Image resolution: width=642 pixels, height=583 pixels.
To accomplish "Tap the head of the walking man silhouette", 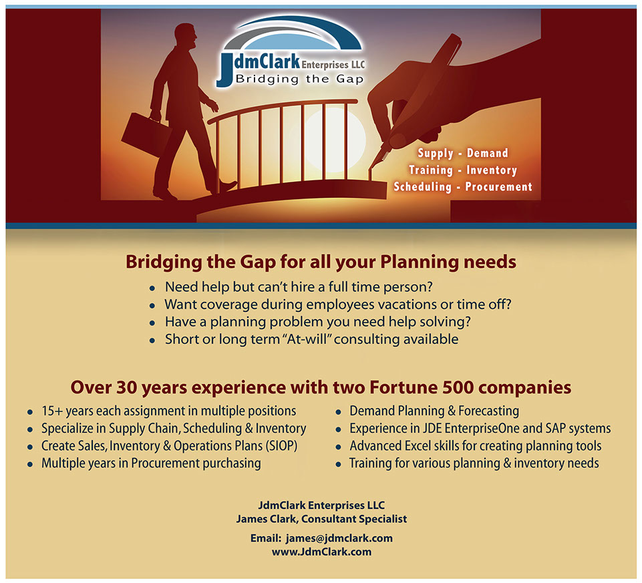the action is coord(186,37).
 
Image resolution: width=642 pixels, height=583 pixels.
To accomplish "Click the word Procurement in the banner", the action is coord(498,187).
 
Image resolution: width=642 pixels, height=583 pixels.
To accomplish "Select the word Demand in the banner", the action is coord(487,153).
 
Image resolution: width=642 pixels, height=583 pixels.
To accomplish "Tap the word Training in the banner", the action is coord(431,170).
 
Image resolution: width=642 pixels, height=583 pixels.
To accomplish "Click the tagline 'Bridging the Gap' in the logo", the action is coord(299,79).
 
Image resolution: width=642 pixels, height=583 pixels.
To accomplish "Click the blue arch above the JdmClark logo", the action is coord(293,33).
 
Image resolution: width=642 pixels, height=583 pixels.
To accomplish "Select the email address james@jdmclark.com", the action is coord(339,538).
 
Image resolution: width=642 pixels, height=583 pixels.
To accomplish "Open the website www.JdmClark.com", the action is coord(321,552).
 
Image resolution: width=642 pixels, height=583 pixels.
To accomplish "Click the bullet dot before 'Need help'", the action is coord(152,288).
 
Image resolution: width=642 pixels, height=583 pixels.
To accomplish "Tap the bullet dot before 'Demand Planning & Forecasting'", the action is coord(338,412).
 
